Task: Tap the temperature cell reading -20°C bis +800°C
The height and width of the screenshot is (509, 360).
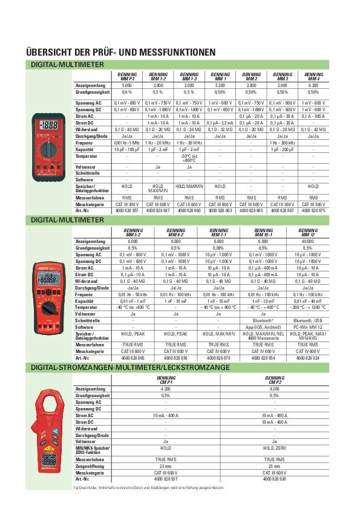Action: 189,158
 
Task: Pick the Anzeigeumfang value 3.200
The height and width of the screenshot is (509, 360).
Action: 220,86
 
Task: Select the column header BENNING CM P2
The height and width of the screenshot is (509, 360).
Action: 274,381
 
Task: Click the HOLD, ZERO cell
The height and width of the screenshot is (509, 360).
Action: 274,448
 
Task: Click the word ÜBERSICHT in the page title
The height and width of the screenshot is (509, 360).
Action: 49,53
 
